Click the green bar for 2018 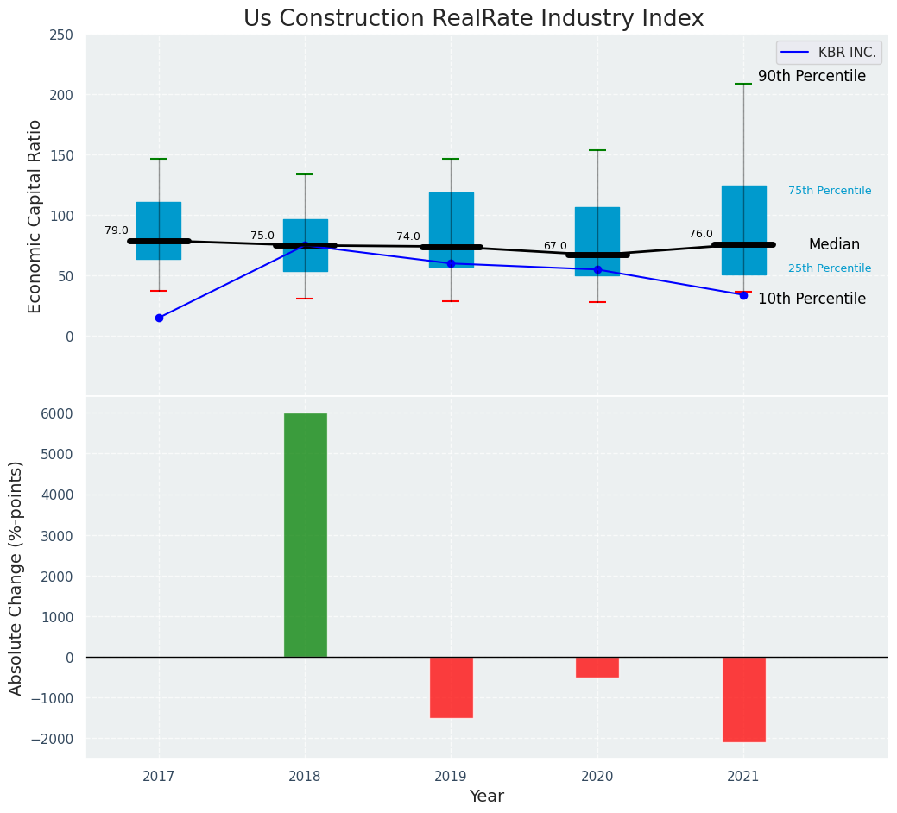[305, 535]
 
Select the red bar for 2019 [451, 687]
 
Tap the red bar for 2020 [597, 667]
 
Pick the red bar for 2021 [743, 699]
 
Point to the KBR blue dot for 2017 [159, 318]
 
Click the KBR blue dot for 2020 [597, 270]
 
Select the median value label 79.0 [117, 230]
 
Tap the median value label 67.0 [555, 246]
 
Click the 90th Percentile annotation [812, 77]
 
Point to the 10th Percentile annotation [812, 299]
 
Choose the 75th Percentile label [830, 191]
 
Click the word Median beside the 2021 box [834, 245]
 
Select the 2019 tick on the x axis [451, 777]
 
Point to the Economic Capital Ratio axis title [35, 216]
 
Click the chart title [473, 19]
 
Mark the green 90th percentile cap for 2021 [743, 84]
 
